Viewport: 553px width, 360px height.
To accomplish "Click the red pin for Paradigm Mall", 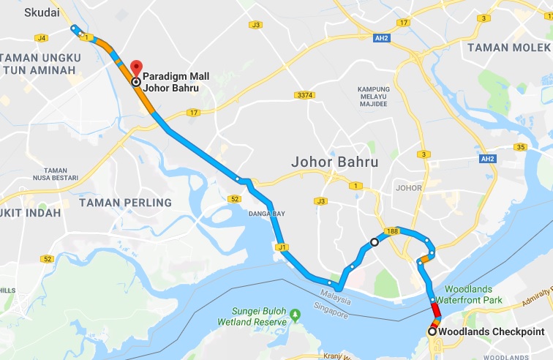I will pyautogui.click(x=135, y=68).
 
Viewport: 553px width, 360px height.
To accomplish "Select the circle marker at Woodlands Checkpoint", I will pyautogui.click(x=432, y=331).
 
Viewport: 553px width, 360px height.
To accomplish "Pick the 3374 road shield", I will pyautogui.click(x=306, y=95).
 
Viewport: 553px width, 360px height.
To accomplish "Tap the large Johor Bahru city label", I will pyautogui.click(x=334, y=161).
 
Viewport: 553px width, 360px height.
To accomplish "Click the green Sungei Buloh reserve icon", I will pyautogui.click(x=296, y=315).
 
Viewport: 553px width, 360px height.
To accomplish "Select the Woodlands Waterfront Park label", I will pyautogui.click(x=469, y=293).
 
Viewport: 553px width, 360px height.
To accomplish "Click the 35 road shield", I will pyautogui.click(x=521, y=148).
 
